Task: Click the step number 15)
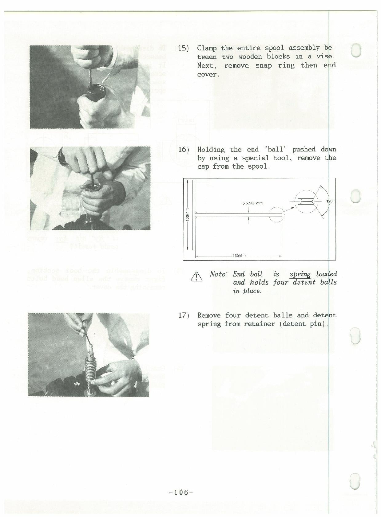tap(184, 48)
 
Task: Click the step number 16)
tap(184, 150)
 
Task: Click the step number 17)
tap(184, 315)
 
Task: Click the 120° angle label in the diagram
tap(330, 201)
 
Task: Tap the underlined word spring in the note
tap(300, 274)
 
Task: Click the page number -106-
tap(181, 492)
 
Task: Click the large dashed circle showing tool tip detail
tap(308, 202)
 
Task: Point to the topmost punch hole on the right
tap(356, 50)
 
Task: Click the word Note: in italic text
tap(218, 274)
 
